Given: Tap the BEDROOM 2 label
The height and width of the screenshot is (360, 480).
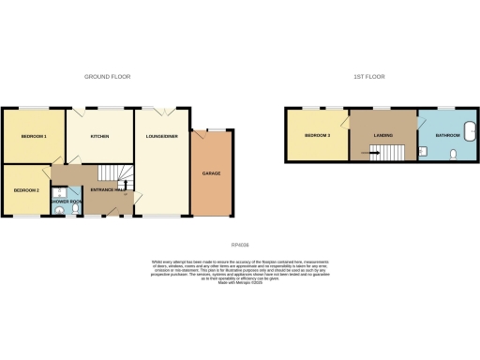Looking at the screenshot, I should click(x=25, y=190).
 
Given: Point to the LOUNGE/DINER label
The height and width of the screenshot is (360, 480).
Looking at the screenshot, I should click(x=162, y=137).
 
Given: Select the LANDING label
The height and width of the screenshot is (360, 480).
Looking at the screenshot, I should click(x=382, y=137).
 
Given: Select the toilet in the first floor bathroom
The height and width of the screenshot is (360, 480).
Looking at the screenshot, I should click(x=453, y=155).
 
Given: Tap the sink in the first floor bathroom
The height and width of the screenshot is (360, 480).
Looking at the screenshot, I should click(x=422, y=150).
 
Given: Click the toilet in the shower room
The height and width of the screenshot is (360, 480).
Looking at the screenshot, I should click(x=60, y=212).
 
